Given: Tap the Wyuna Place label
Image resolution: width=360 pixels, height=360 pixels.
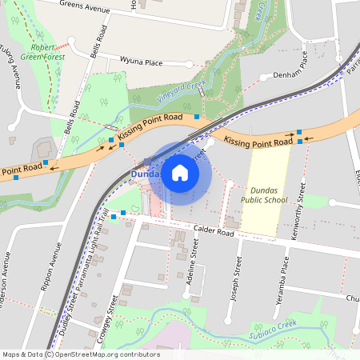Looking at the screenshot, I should [x=142, y=62].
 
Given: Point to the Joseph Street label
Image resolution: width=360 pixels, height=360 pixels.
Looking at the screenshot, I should [x=235, y=278].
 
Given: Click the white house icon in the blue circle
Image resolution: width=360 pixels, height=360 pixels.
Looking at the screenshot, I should [x=180, y=173].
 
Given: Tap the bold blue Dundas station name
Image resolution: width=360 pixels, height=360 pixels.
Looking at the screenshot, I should [x=146, y=174].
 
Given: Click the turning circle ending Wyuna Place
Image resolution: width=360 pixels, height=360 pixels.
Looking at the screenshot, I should [x=189, y=65].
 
